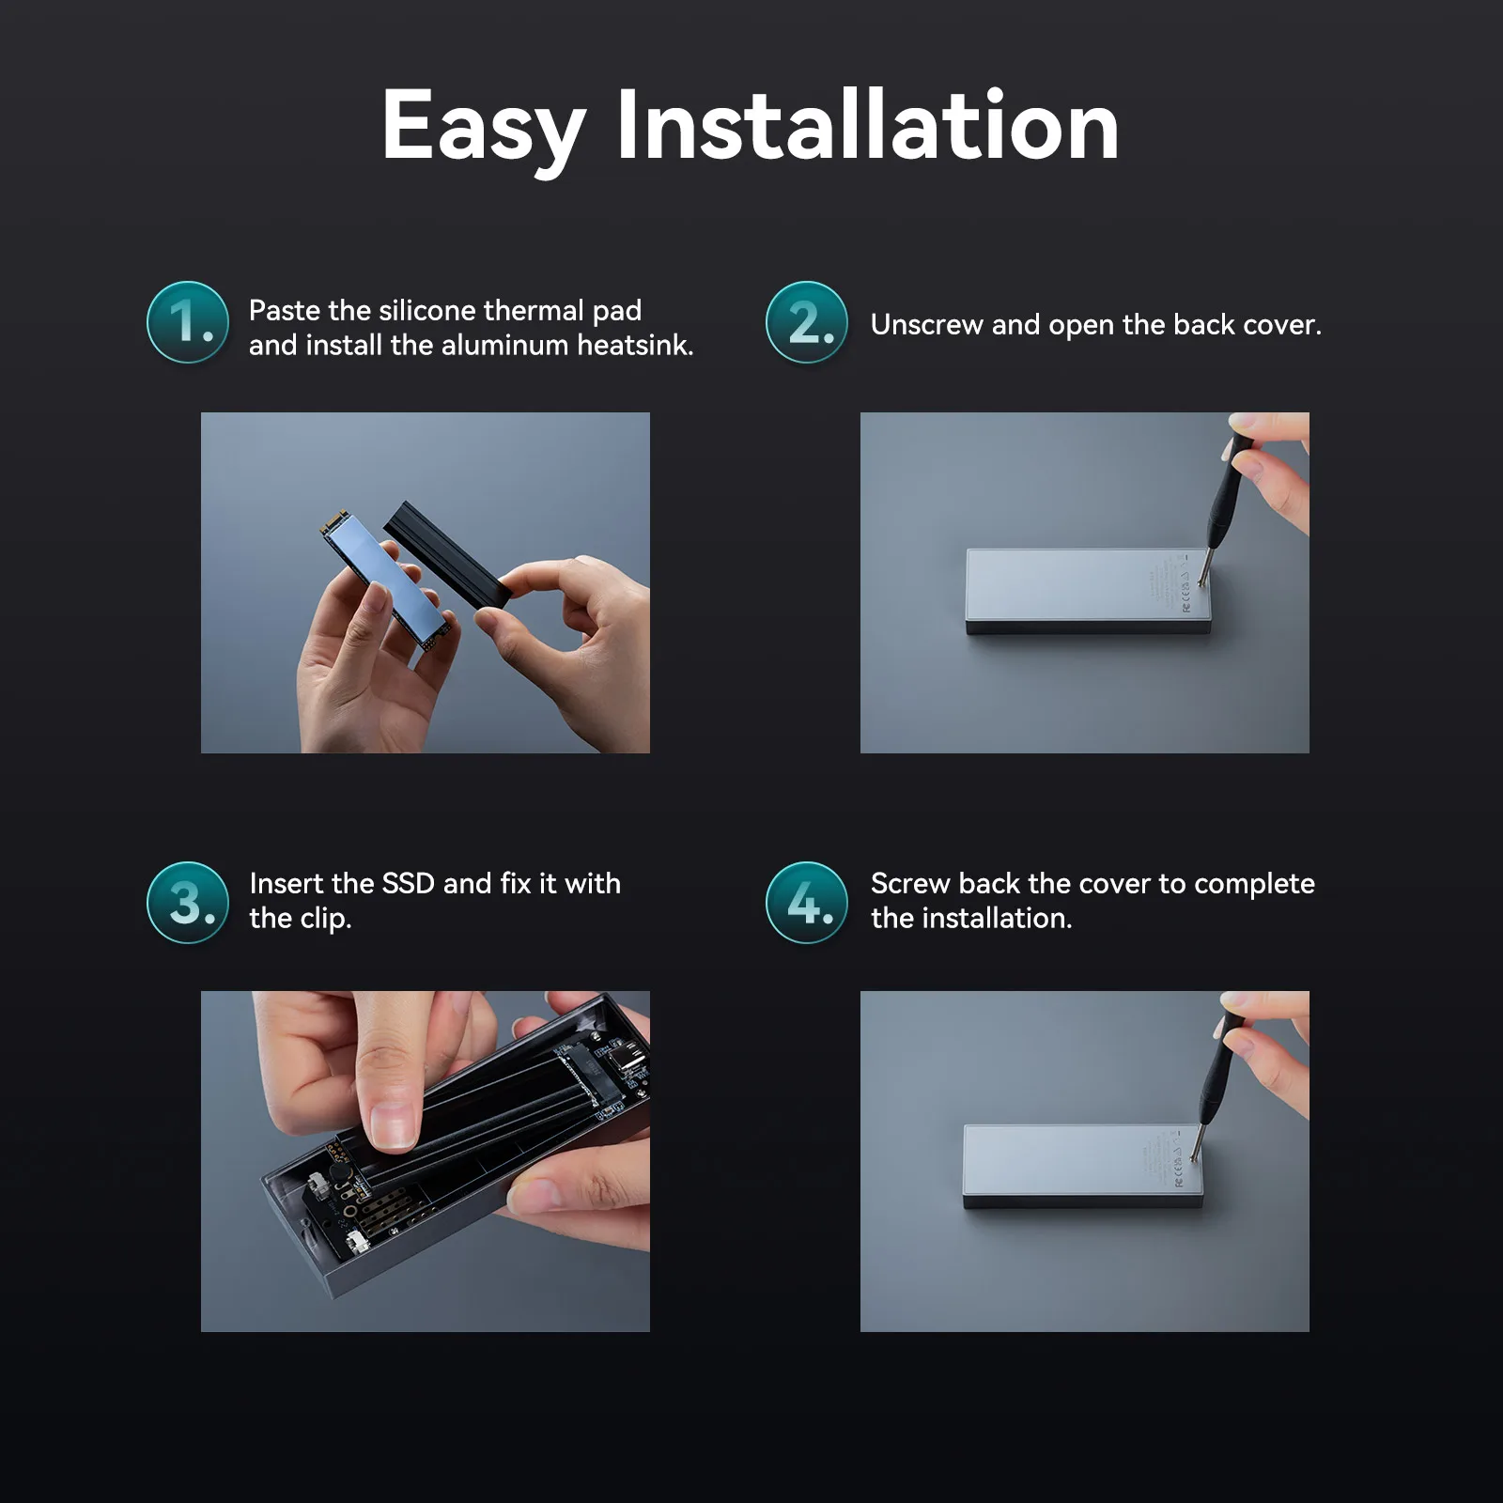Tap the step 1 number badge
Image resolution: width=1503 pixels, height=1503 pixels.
pyautogui.click(x=188, y=322)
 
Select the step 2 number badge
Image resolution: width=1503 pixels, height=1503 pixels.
pyautogui.click(x=807, y=322)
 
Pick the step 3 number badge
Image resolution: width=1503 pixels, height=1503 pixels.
pyautogui.click(x=188, y=903)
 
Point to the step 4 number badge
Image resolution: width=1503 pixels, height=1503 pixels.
pyautogui.click(x=807, y=903)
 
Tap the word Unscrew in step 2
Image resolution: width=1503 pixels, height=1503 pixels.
pyautogui.click(x=926, y=325)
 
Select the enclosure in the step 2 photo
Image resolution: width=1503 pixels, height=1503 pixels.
pyautogui.click(x=1089, y=591)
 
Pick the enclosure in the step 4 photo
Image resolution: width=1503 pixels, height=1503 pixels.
pyautogui.click(x=1083, y=1167)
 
